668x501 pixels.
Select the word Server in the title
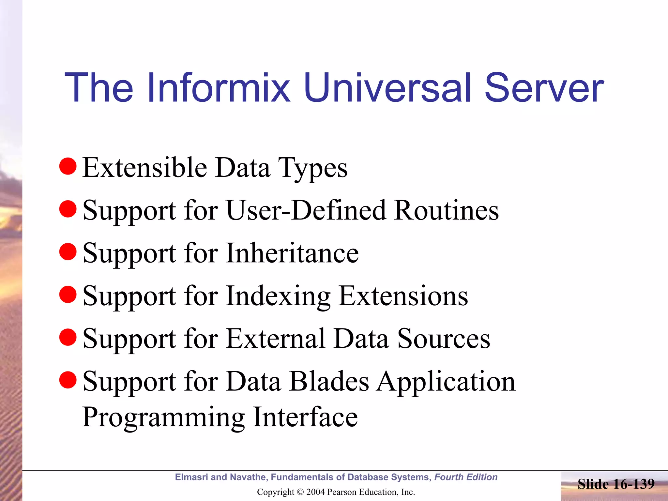click(544, 88)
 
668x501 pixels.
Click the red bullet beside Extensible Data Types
click(68, 166)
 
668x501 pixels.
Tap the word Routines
click(446, 210)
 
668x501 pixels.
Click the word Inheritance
click(292, 253)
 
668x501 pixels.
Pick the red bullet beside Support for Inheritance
click(68, 252)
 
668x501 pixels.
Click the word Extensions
click(403, 296)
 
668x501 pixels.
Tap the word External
click(276, 339)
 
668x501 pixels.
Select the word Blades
click(329, 381)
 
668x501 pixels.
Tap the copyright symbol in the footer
click(300, 492)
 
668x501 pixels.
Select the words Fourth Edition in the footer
click(466, 477)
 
